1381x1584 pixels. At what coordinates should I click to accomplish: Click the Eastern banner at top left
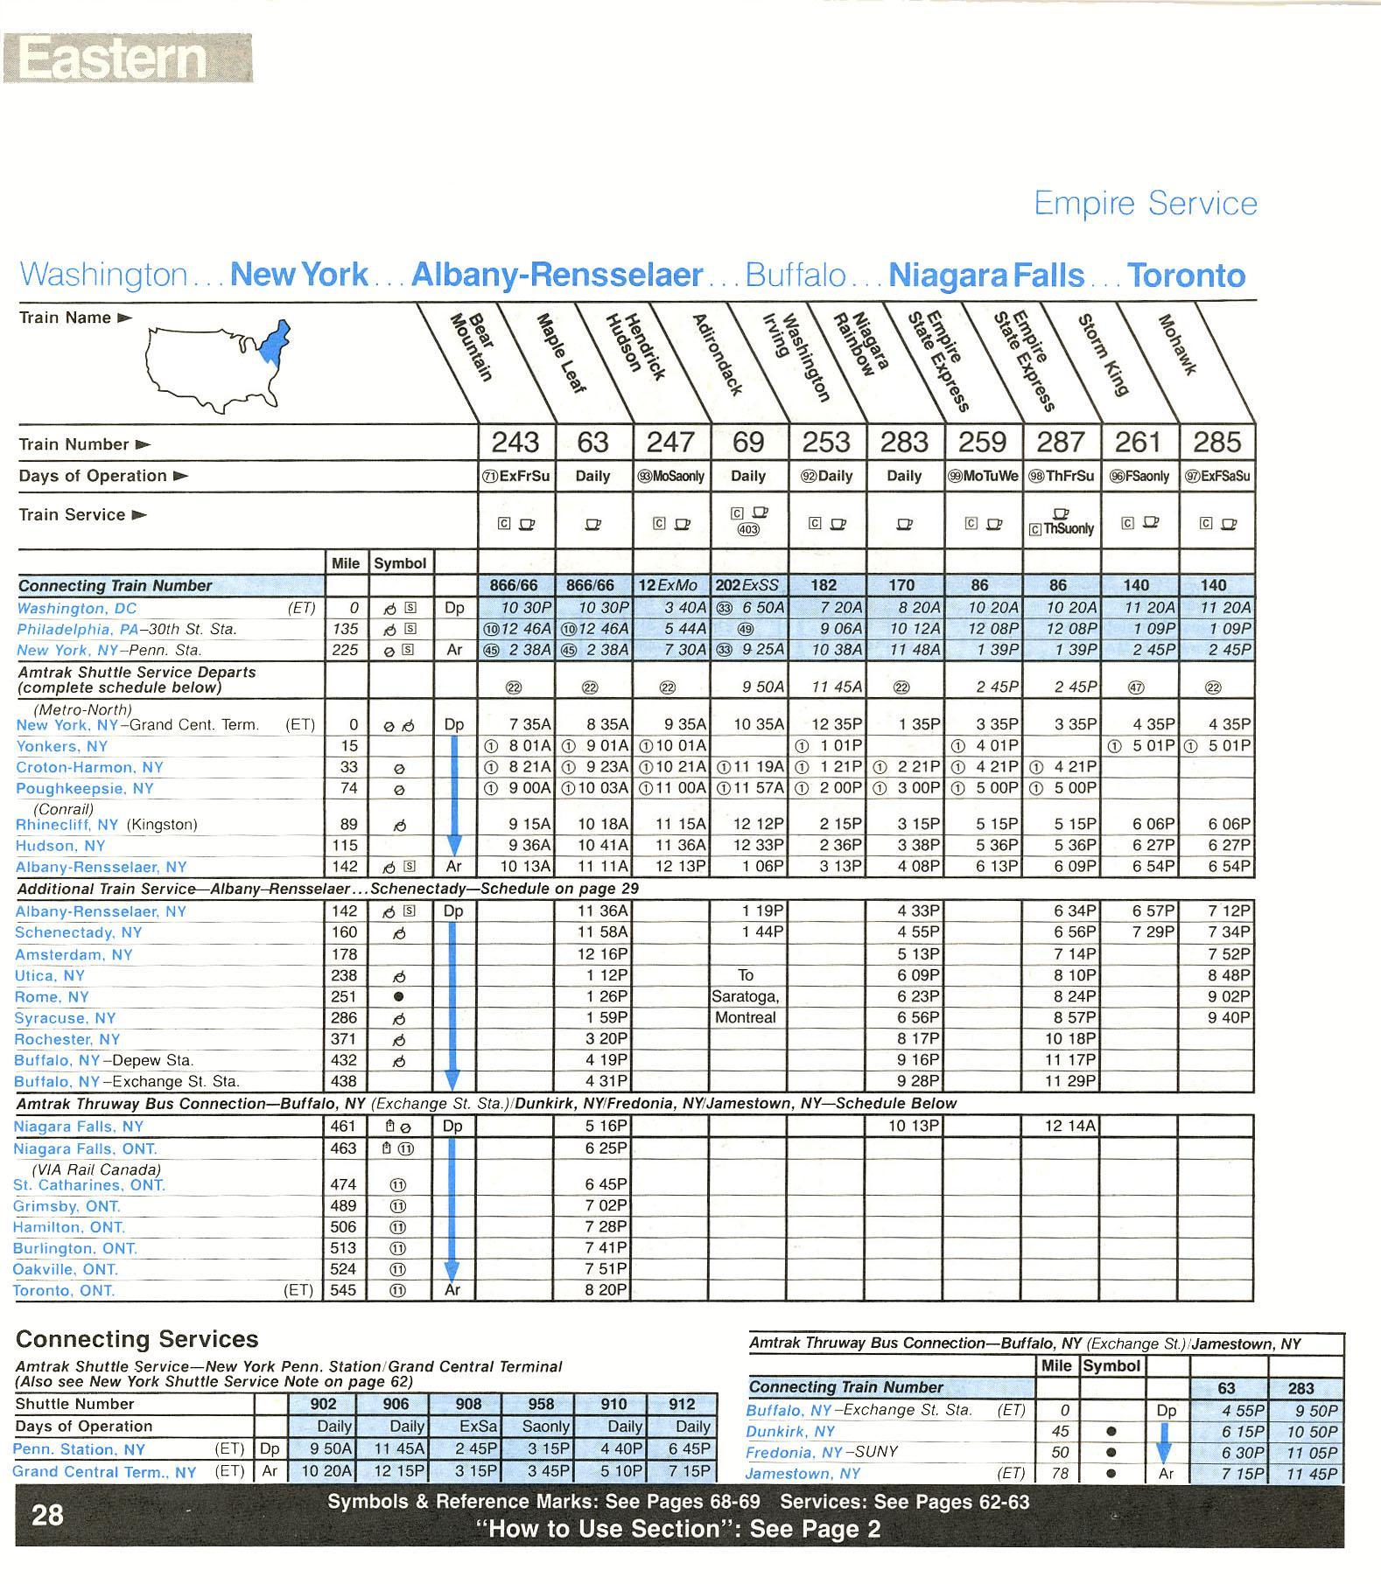pyautogui.click(x=127, y=58)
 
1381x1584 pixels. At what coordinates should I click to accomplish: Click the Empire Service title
pyautogui.click(x=1145, y=204)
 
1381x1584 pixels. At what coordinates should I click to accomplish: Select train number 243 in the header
pyautogui.click(x=515, y=443)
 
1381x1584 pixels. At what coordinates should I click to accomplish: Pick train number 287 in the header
pyautogui.click(x=1061, y=443)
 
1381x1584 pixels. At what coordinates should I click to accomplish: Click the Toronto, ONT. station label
pyautogui.click(x=64, y=1290)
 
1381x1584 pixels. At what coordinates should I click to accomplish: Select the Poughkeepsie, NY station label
pyautogui.click(x=85, y=788)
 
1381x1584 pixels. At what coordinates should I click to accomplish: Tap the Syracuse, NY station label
pyautogui.click(x=66, y=1018)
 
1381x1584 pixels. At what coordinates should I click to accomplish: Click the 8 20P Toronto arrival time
pyautogui.click(x=606, y=1289)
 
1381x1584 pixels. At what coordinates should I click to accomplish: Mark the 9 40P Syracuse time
pyautogui.click(x=1228, y=1017)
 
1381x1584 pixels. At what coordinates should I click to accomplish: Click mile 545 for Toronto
pyautogui.click(x=343, y=1290)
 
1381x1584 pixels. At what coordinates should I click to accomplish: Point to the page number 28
pyautogui.click(x=48, y=1514)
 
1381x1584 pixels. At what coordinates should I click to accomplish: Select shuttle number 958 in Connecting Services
pyautogui.click(x=541, y=1404)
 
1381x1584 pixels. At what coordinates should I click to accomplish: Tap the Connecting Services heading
pyautogui.click(x=137, y=1339)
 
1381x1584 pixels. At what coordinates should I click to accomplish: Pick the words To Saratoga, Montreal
pyautogui.click(x=746, y=996)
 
